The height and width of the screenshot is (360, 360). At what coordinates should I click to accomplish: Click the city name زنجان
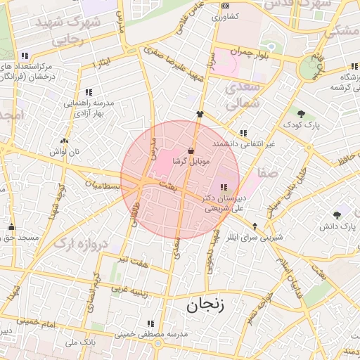click(x=205, y=306)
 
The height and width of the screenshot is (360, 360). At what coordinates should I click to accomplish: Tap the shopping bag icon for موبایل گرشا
click(x=191, y=150)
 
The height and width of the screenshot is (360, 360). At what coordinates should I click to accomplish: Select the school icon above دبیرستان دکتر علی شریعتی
click(x=224, y=187)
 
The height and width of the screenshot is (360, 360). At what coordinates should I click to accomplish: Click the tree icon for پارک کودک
click(x=301, y=114)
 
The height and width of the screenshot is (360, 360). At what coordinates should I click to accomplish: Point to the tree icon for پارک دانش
click(x=337, y=215)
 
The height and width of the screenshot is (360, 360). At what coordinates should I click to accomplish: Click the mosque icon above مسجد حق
click(x=11, y=227)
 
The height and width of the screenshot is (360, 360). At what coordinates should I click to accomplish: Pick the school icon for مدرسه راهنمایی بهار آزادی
click(x=89, y=92)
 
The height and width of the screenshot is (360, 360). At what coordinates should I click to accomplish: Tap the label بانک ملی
click(x=79, y=342)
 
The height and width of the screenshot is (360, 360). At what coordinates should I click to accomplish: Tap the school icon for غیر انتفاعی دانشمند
click(x=243, y=133)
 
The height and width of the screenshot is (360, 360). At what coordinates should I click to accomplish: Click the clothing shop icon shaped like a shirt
click(x=200, y=113)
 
